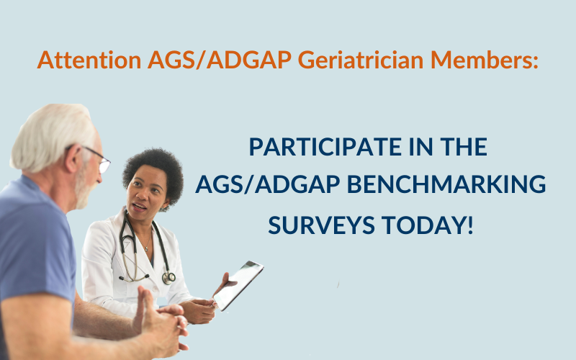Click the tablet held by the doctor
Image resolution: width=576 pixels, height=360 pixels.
point(238,285)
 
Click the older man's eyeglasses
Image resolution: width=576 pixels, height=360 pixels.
point(99,159)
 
